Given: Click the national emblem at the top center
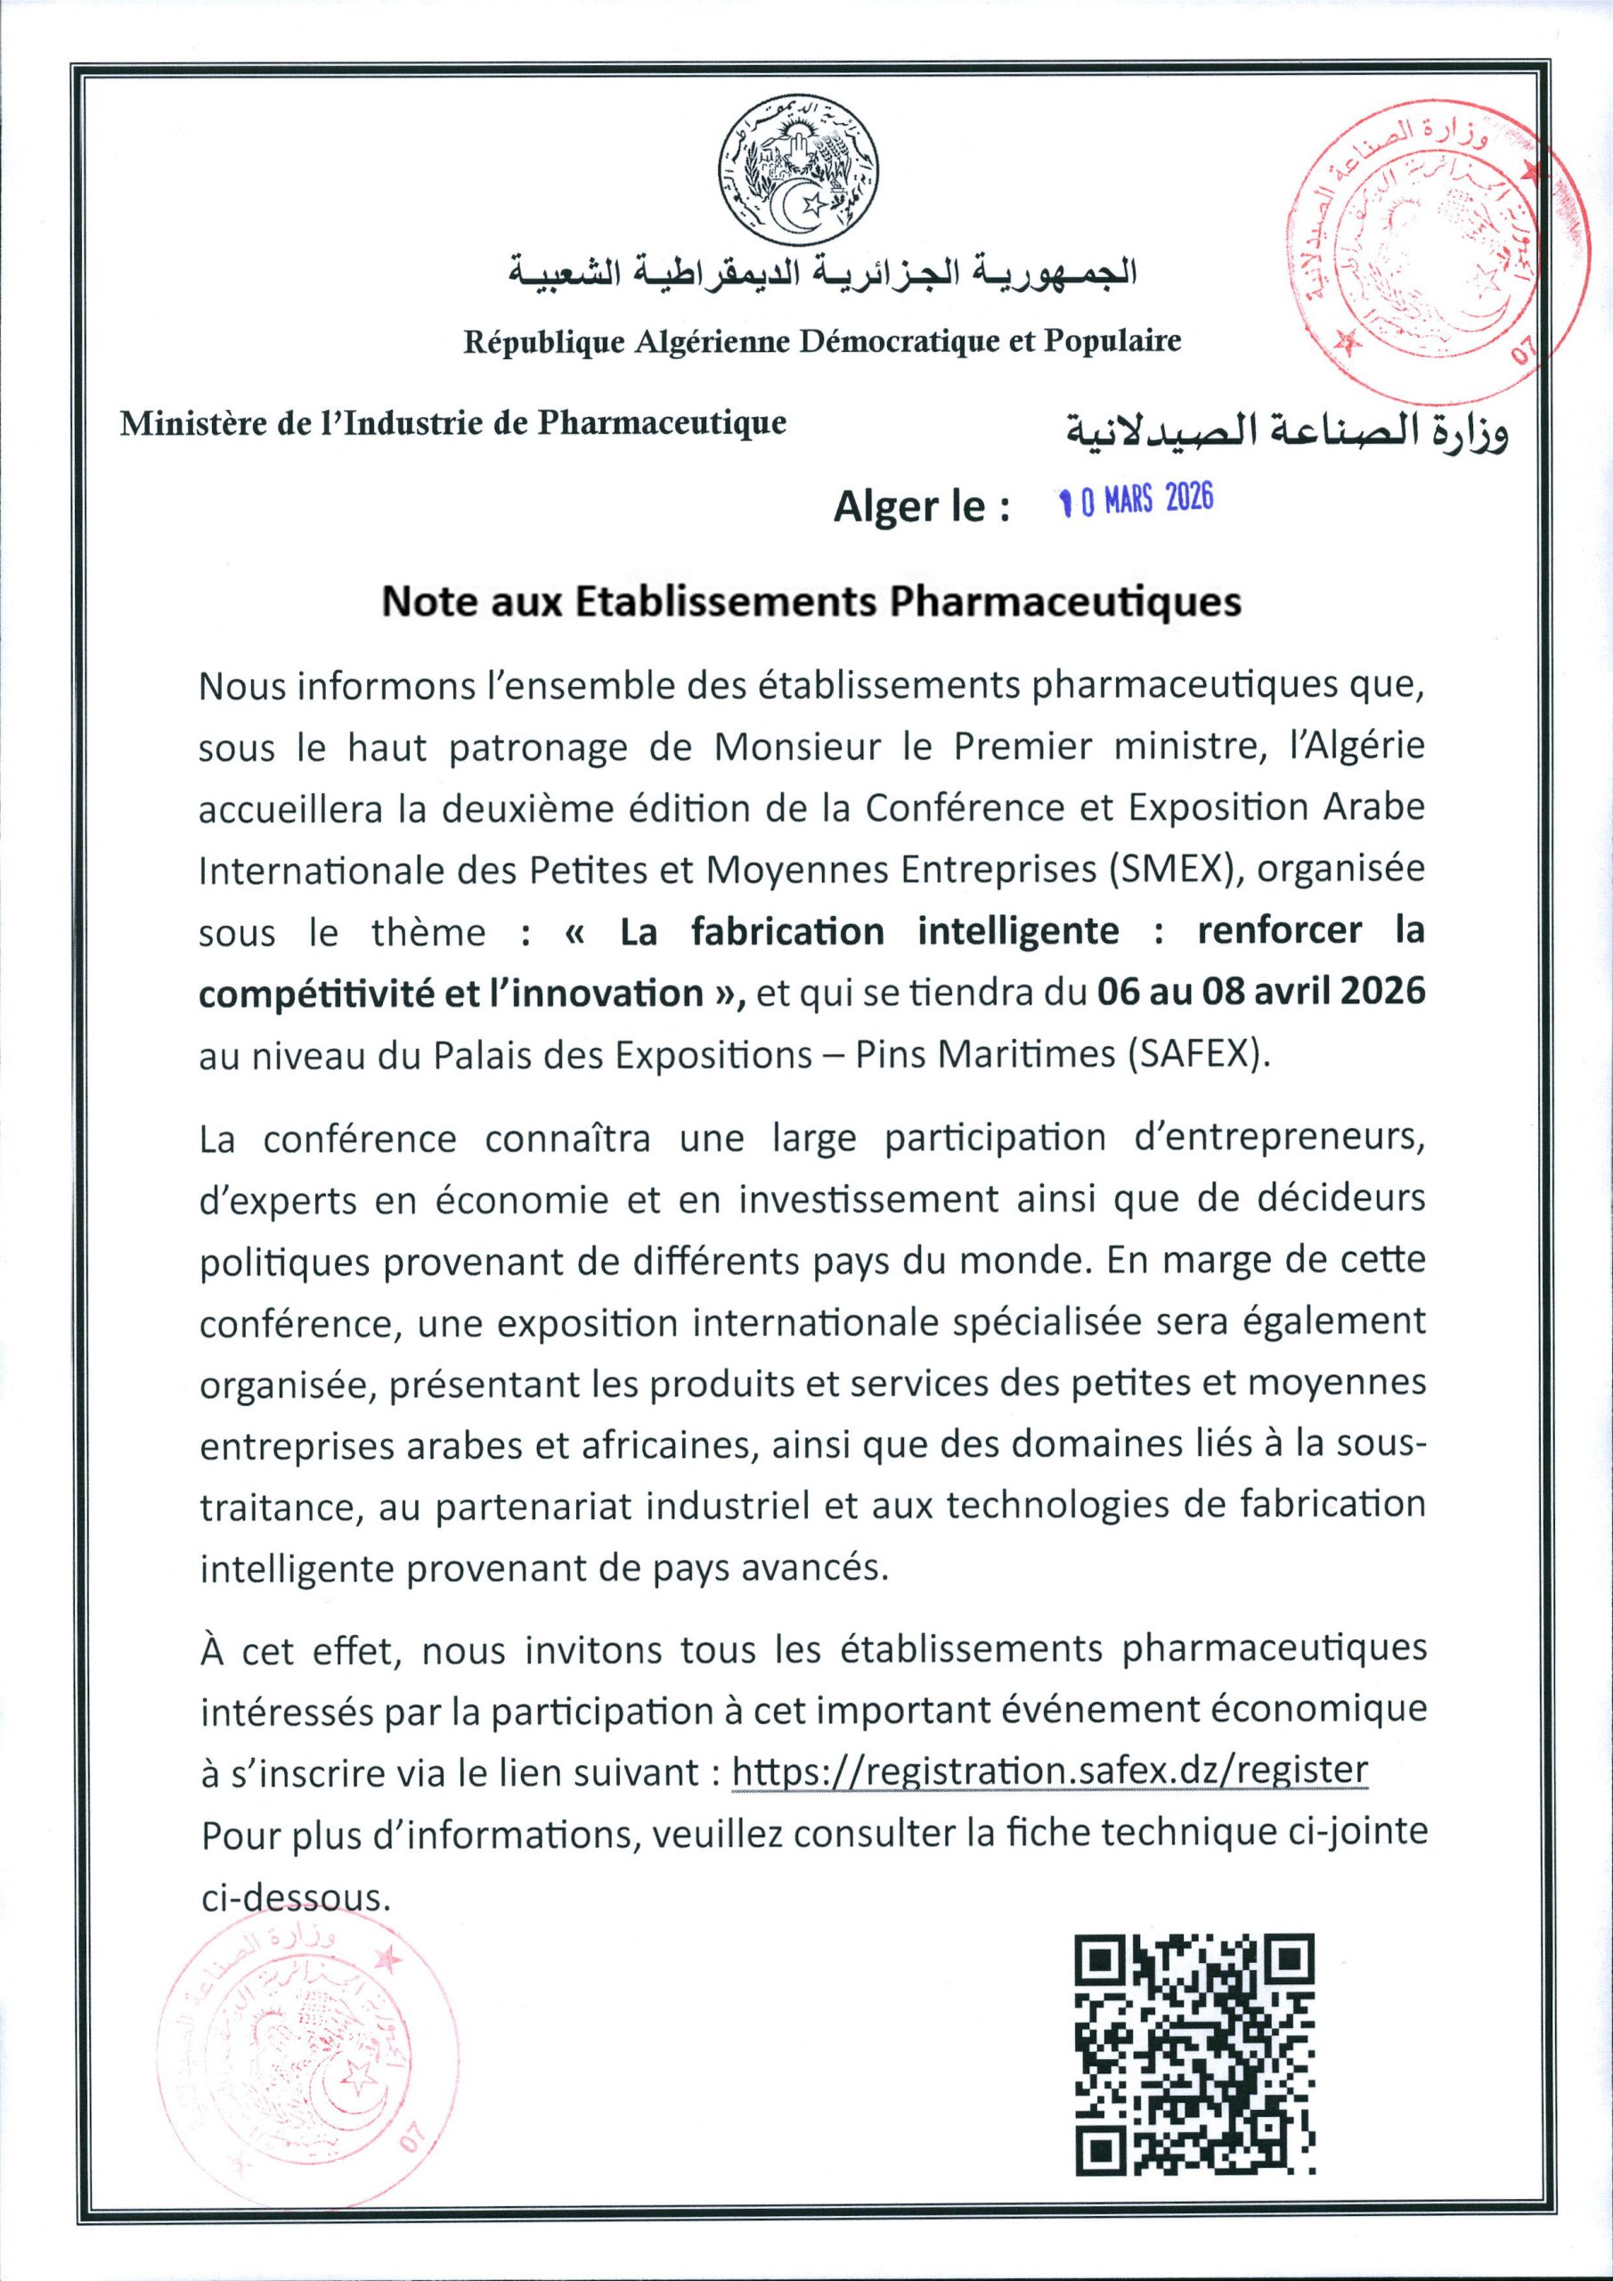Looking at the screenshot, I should (x=800, y=176).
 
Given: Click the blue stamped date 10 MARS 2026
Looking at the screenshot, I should (x=1136, y=501).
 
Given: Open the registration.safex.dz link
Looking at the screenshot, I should (x=1050, y=1770).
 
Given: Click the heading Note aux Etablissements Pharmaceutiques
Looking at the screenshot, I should (x=811, y=603).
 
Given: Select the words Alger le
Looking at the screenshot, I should (x=921, y=507).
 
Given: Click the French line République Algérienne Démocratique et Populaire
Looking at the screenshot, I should (x=822, y=342).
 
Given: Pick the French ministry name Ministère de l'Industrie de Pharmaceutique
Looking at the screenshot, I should (x=453, y=423).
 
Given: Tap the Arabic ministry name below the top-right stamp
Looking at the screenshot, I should (x=1285, y=431).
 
